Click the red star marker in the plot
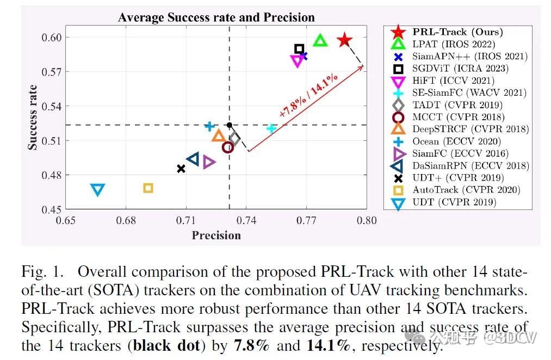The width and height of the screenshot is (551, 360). pyautogui.click(x=344, y=40)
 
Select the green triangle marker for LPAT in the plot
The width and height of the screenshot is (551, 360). pyautogui.click(x=320, y=41)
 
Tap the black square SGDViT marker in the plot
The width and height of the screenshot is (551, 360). pyautogui.click(x=299, y=49)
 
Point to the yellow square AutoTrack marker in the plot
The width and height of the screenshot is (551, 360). pyautogui.click(x=148, y=188)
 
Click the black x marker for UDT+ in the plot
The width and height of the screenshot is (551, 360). pyautogui.click(x=181, y=169)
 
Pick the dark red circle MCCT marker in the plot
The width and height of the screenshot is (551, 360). pyautogui.click(x=228, y=147)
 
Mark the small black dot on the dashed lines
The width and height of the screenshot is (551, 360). pyautogui.click(x=230, y=125)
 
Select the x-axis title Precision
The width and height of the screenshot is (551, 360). pyautogui.click(x=216, y=235)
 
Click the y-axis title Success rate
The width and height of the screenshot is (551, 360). pyautogui.click(x=33, y=117)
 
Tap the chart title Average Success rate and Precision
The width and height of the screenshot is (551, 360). pyautogui.click(x=216, y=17)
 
